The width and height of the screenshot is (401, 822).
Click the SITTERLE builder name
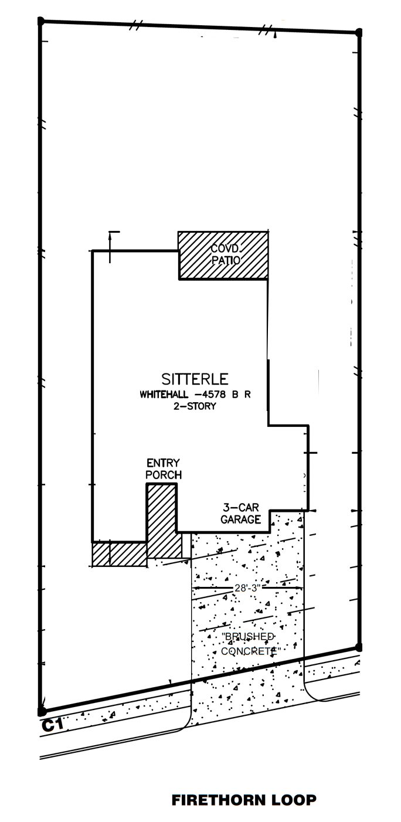tap(195, 379)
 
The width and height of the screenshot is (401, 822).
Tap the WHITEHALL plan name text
tap(164, 395)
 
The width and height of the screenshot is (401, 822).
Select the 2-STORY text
tap(195, 406)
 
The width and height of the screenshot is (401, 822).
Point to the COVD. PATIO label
tap(226, 254)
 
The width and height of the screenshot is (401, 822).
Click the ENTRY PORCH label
tap(163, 468)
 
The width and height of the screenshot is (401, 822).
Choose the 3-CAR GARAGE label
tap(241, 514)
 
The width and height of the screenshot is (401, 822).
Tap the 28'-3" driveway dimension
tap(247, 588)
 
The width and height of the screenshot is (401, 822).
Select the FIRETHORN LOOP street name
tap(244, 800)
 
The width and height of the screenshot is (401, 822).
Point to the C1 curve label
tap(52, 725)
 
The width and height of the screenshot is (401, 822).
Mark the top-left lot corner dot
tap(42, 21)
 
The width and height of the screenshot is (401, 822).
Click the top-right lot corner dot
tap(359, 33)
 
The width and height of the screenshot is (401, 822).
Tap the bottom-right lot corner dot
tap(359, 647)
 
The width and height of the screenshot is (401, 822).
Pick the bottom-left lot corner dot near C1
tap(42, 712)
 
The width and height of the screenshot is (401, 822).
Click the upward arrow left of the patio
tap(110, 247)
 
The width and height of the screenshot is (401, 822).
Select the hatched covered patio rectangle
tap(223, 256)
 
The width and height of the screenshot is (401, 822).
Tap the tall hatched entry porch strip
tap(162, 521)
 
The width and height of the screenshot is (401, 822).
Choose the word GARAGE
tap(241, 519)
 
